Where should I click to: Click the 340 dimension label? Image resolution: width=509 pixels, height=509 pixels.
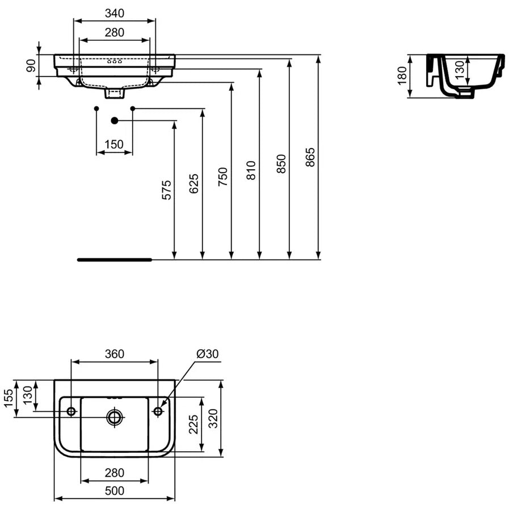(115, 13)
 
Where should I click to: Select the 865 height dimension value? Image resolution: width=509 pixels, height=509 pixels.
(310, 157)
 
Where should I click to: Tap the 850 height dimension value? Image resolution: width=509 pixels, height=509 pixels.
(281, 164)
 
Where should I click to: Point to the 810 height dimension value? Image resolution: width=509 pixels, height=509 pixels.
(251, 170)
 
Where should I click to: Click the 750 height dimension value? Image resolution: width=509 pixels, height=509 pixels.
(222, 176)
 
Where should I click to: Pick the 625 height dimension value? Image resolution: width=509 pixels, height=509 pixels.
(194, 184)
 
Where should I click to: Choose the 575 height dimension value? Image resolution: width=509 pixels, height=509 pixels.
(166, 190)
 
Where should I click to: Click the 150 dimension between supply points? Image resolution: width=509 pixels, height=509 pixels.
(114, 145)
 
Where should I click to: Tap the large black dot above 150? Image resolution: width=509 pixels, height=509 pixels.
(114, 121)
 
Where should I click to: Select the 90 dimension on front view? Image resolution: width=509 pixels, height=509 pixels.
(31, 66)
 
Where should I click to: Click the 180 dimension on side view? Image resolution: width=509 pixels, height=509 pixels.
(402, 75)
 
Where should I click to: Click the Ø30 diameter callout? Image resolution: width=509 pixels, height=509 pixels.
(208, 354)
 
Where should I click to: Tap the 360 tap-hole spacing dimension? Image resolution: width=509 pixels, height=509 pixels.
(115, 354)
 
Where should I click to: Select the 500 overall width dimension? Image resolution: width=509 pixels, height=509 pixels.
(115, 491)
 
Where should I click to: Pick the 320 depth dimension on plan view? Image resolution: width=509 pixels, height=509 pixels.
(213, 419)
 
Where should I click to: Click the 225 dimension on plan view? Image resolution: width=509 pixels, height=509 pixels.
(193, 424)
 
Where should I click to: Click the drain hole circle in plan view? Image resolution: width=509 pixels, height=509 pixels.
(115, 417)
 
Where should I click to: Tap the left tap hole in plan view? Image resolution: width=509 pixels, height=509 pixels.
(71, 411)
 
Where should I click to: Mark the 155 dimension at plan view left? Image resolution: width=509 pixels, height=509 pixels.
(9, 398)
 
